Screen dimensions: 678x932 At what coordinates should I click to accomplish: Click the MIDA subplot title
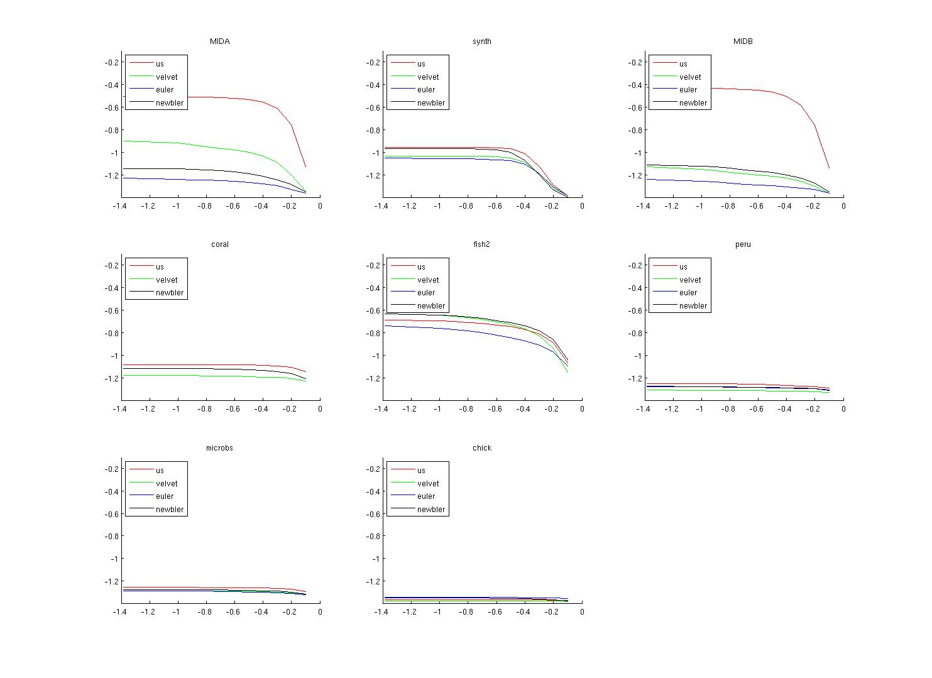click(x=219, y=41)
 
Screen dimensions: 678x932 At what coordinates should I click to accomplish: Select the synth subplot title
click(x=481, y=41)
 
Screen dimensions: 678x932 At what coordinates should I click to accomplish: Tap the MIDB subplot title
click(x=743, y=41)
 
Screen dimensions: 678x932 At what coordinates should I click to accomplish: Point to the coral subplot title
click(x=219, y=244)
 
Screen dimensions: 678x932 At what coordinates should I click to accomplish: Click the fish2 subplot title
click(x=481, y=244)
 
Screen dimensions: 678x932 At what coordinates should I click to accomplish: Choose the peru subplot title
click(x=743, y=244)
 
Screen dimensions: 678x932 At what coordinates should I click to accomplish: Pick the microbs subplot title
click(x=219, y=448)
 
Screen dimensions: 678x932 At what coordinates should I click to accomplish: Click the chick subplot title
click(x=481, y=448)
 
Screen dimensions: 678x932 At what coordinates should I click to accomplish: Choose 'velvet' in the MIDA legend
click(x=167, y=77)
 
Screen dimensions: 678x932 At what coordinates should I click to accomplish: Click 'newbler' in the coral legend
click(x=170, y=293)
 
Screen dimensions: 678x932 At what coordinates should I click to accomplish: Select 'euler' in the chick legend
click(x=425, y=496)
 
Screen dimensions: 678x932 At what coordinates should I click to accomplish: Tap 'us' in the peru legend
click(x=683, y=267)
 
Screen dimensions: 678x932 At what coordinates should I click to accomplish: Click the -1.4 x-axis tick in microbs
click(x=119, y=612)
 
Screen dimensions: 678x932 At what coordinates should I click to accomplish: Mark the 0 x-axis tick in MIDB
click(x=843, y=205)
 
